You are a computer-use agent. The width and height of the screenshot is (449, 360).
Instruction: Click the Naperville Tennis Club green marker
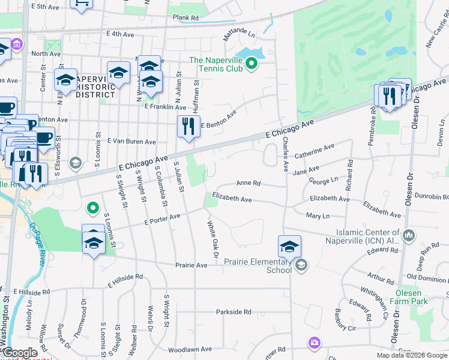coord(253,62)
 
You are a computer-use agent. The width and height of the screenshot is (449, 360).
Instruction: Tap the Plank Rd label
coord(185,18)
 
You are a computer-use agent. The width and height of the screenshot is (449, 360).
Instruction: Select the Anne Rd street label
coord(249,183)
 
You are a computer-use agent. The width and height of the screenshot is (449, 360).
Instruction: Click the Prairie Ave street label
coord(191,265)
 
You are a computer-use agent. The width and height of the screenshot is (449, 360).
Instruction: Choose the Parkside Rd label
coord(234,312)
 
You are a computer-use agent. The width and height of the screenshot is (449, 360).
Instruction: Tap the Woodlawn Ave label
coord(190,349)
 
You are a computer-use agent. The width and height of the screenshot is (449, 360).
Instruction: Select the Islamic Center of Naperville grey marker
coord(409,235)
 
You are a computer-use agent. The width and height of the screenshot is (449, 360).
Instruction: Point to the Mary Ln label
coord(318,216)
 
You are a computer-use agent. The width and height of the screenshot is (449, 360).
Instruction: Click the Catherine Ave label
coord(314,149)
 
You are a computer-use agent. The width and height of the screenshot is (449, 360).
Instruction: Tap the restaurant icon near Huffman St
coord(188,126)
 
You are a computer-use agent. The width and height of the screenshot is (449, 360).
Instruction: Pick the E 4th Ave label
coord(120,34)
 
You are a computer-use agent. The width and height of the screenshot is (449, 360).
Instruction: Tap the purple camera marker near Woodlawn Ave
coord(314,343)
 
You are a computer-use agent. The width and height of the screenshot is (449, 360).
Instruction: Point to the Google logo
coord(20,353)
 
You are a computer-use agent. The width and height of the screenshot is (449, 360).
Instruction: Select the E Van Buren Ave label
coord(131,142)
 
